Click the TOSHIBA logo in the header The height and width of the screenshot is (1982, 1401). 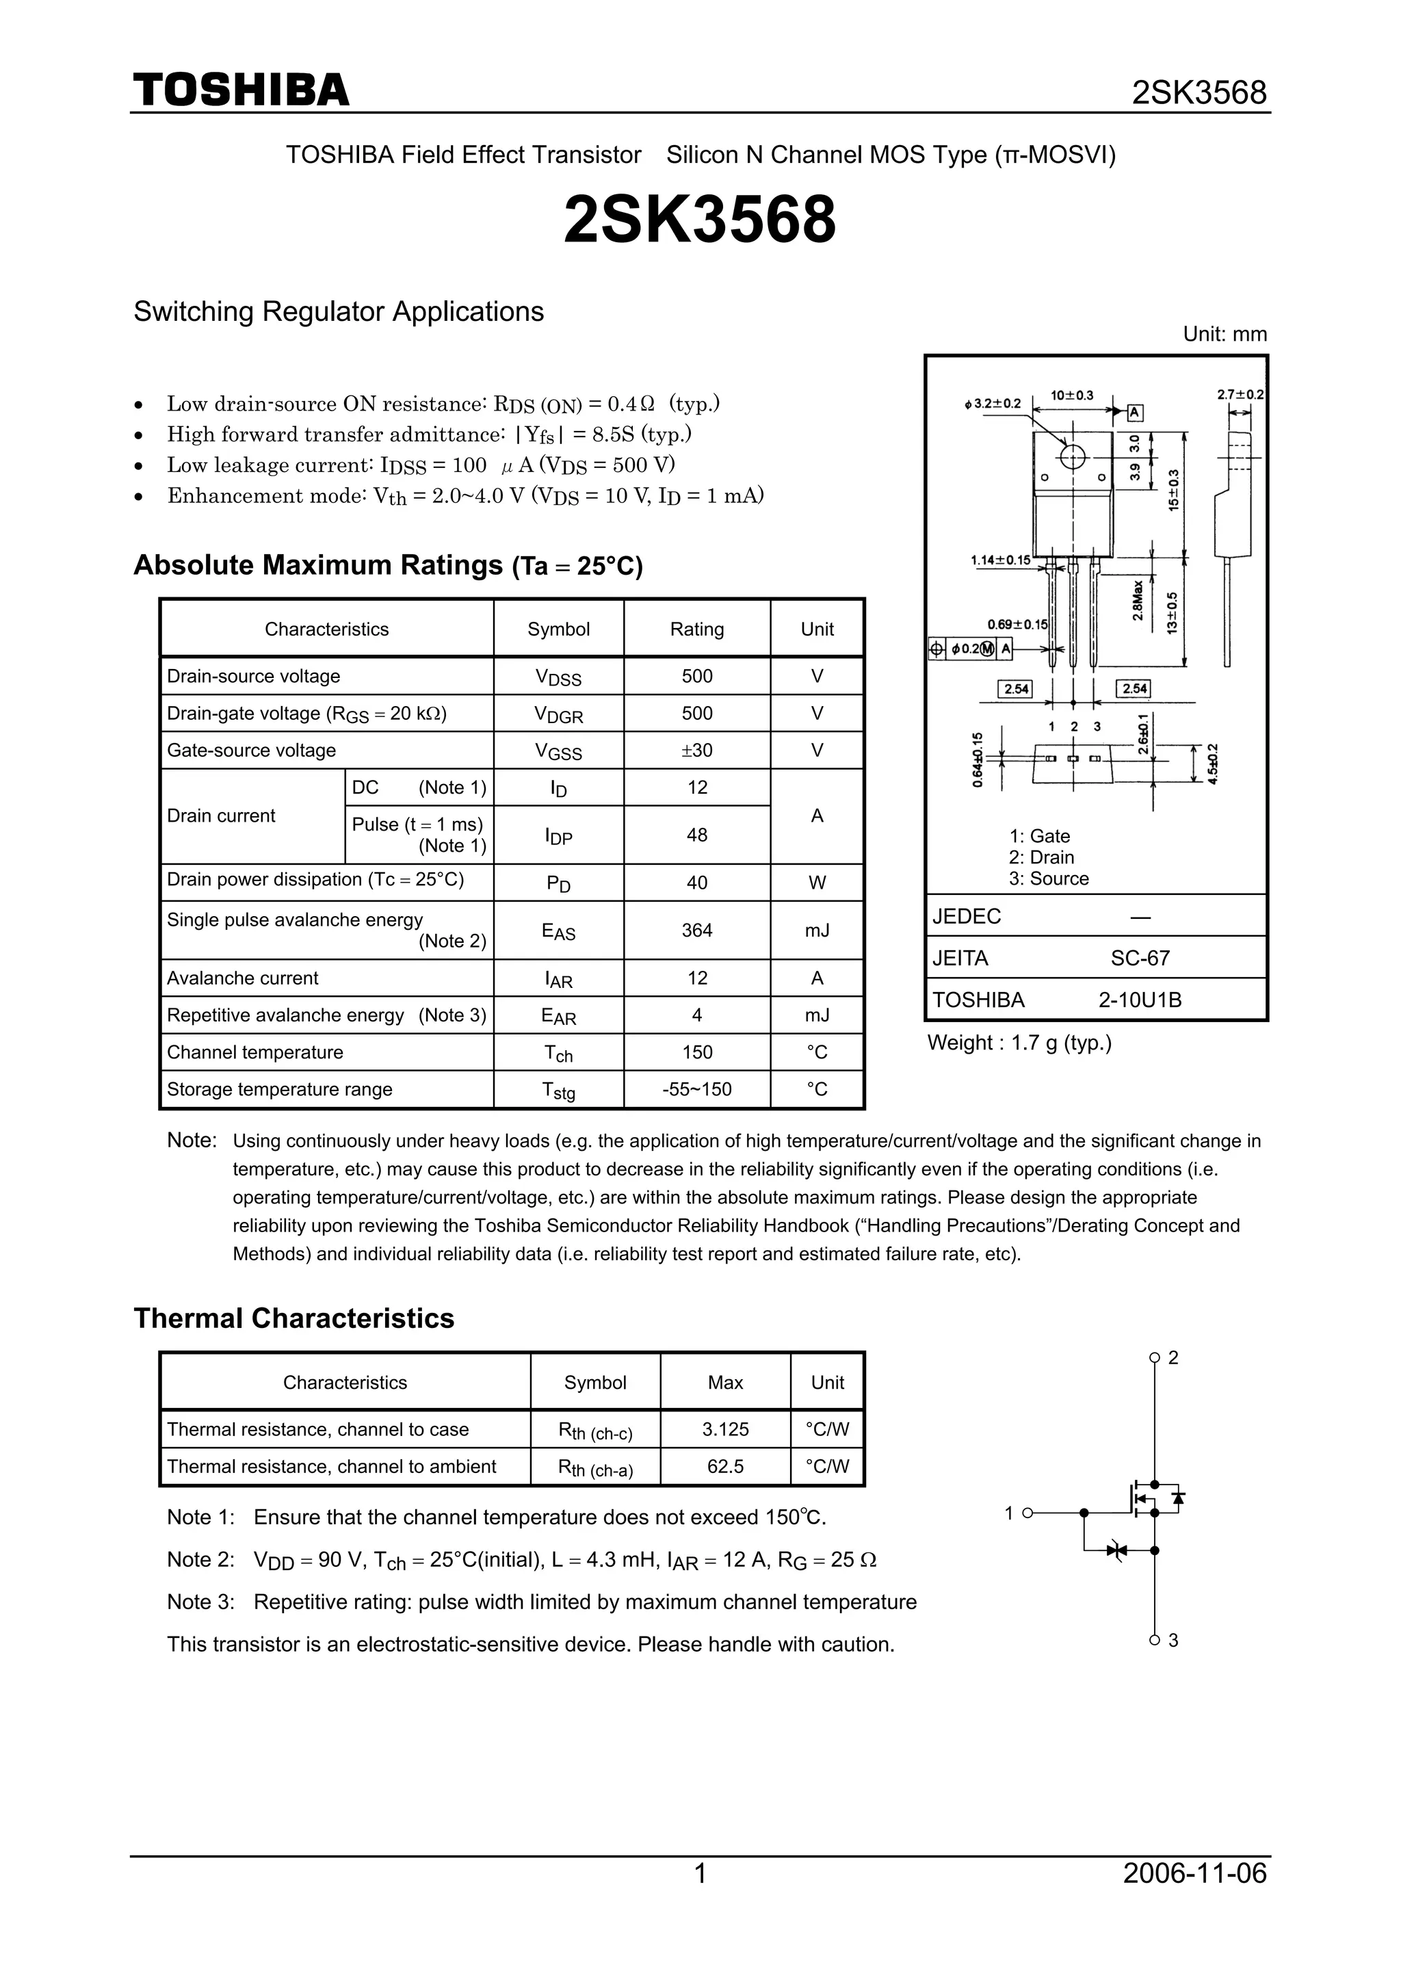[x=241, y=90]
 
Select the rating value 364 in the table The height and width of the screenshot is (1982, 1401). [x=696, y=930]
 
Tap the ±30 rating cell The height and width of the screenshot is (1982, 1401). [x=696, y=750]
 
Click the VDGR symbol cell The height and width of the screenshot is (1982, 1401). [x=558, y=714]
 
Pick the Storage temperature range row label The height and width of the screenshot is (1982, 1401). [x=279, y=1089]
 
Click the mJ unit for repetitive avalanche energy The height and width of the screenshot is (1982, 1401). [x=817, y=1015]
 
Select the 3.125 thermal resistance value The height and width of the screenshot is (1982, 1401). [x=725, y=1429]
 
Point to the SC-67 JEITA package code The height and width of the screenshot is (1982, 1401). [x=1140, y=959]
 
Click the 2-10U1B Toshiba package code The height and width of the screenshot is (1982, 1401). [x=1140, y=1000]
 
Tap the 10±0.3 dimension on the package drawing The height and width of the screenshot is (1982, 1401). [x=1071, y=395]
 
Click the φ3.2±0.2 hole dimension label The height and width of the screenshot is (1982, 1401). [x=992, y=403]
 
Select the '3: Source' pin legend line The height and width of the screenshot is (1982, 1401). [x=1048, y=878]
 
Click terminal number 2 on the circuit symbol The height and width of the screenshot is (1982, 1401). [x=1173, y=1358]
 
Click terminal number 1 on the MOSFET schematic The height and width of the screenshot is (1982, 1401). [x=1008, y=1513]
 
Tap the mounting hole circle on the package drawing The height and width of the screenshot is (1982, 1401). [x=1072, y=456]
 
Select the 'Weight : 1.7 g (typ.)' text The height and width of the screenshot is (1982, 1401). [x=1019, y=1043]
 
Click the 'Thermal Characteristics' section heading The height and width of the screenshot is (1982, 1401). [x=293, y=1318]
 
